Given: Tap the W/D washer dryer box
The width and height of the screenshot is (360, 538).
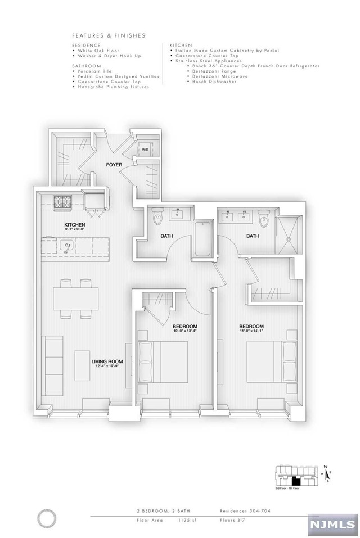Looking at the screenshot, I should pyautogui.click(x=145, y=150).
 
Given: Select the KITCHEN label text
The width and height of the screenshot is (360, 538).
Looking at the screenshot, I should pyautogui.click(x=74, y=225).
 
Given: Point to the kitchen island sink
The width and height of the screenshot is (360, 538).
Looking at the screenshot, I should pyautogui.click(x=66, y=246).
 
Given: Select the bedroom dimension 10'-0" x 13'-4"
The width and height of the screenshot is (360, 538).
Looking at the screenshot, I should pyautogui.click(x=185, y=333).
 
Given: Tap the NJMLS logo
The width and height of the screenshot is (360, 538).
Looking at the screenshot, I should pyautogui.click(x=334, y=524).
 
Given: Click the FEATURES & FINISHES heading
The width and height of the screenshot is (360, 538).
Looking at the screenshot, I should pyautogui.click(x=109, y=35).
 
